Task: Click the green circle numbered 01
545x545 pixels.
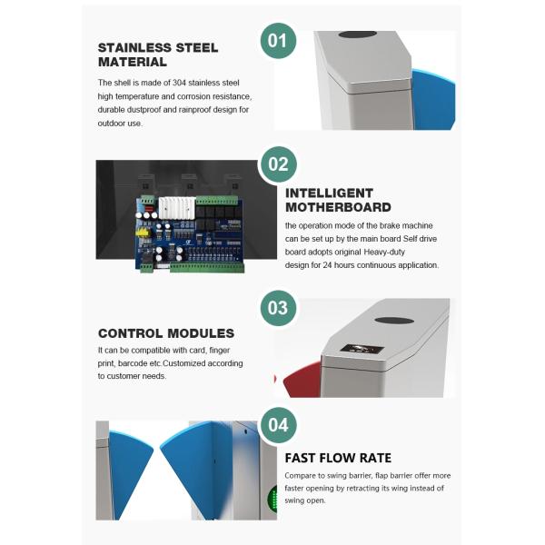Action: [278, 41]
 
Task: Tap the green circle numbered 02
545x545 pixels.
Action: [279, 164]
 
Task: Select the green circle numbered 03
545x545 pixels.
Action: [278, 308]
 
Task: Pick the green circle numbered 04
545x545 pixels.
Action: [279, 425]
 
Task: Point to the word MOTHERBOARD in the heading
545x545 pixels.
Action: [338, 207]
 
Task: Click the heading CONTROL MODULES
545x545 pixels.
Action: [166, 333]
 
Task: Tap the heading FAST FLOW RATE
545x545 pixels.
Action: [338, 458]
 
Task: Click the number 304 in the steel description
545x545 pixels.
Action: [179, 83]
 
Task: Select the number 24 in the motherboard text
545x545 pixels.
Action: [327, 265]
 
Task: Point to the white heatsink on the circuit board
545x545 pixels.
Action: [177, 208]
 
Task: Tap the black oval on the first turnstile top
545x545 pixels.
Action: [358, 35]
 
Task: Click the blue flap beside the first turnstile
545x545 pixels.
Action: [433, 99]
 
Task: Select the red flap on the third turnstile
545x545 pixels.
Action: [303, 381]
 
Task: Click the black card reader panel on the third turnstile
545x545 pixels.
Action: [362, 349]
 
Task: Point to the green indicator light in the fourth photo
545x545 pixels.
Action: [272, 500]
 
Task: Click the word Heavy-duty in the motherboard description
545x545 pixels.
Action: [384, 252]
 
